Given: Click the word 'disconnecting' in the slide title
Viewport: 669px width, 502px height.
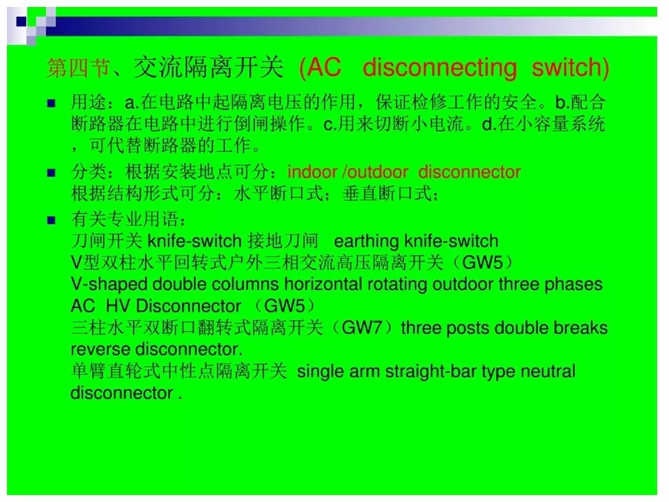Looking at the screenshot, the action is pos(440,68).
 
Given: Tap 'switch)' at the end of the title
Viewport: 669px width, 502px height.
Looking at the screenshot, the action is pos(570,68).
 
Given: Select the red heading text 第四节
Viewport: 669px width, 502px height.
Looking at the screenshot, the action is pos(79,68).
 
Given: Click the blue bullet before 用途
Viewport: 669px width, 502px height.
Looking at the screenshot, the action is pos(51,103).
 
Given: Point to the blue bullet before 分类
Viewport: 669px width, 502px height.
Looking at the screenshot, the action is pos(51,172).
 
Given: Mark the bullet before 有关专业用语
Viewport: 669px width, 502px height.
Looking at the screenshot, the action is pos(51,220).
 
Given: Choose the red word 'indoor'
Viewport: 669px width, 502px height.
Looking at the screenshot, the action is pos(312,172).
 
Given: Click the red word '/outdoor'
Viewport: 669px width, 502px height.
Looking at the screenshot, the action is pos(376,172).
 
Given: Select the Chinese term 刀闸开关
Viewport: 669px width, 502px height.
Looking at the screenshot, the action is pos(107,241).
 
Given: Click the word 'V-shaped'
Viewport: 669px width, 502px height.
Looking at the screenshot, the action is pos(109,284).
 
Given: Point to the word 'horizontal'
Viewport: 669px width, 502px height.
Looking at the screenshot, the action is pos(323,284).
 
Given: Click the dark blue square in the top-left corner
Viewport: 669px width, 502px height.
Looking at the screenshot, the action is pos(22,22).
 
